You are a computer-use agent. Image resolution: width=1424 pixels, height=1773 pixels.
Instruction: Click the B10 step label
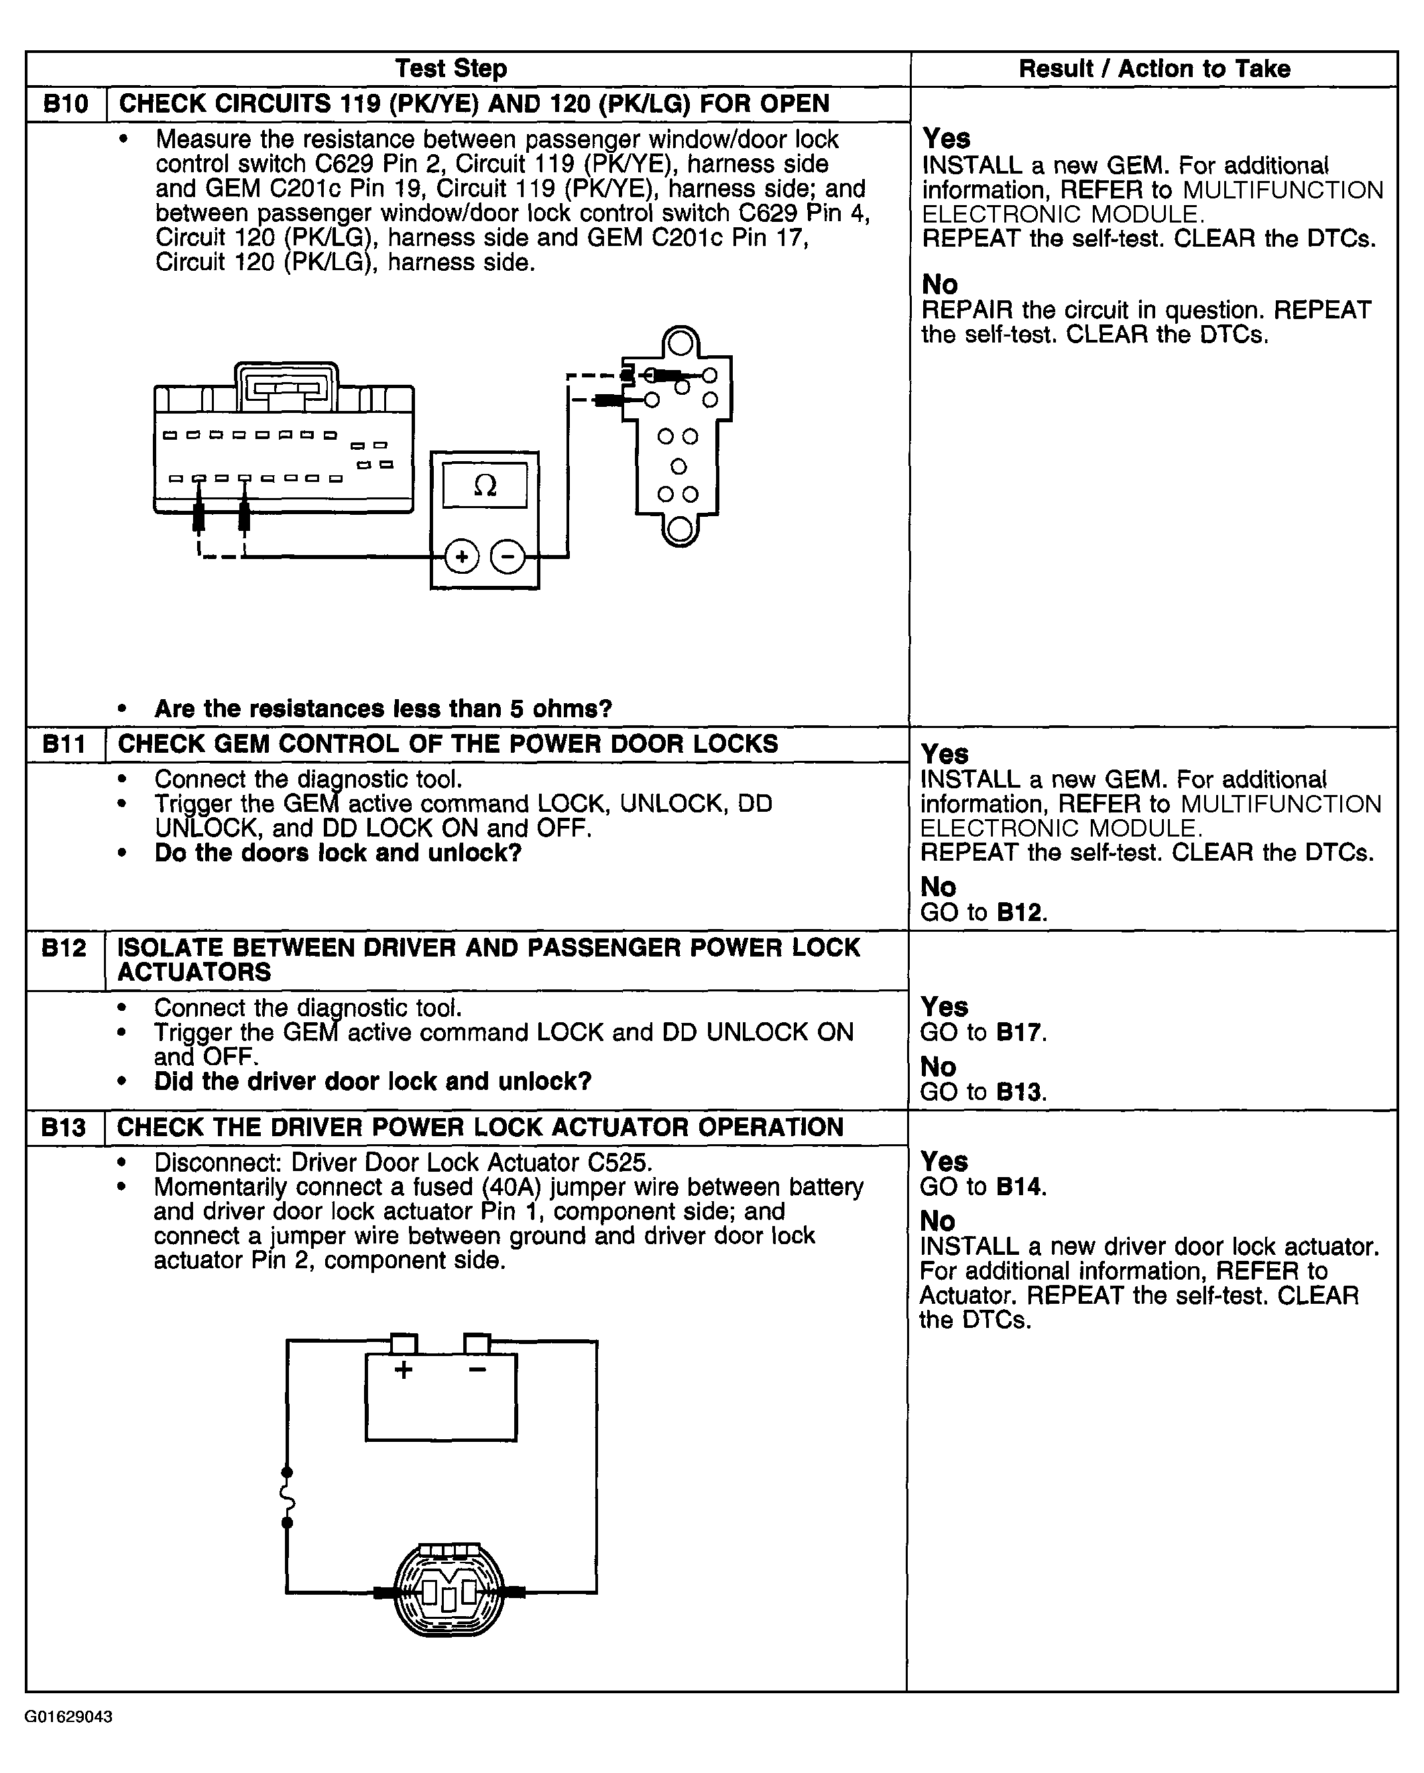(66, 105)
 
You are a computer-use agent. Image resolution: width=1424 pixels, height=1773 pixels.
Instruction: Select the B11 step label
(64, 744)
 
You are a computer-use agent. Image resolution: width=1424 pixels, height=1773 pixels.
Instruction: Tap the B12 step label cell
(64, 949)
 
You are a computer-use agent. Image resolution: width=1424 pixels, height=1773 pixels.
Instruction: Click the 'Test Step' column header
(451, 68)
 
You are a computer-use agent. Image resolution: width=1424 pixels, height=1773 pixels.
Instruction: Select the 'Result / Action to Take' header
(1154, 69)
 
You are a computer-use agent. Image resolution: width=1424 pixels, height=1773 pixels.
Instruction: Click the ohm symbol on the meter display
(485, 486)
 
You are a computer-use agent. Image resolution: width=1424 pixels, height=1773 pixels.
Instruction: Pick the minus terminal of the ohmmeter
(508, 557)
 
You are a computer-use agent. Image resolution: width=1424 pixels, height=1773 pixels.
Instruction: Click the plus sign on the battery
(403, 1369)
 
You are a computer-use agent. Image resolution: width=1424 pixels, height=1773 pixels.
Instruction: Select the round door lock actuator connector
(449, 1592)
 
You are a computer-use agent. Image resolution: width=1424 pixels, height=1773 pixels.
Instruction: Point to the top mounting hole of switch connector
(680, 342)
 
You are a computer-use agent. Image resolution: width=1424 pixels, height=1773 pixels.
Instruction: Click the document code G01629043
(68, 1717)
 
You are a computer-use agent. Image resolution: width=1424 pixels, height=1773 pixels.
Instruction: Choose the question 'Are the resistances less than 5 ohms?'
(383, 709)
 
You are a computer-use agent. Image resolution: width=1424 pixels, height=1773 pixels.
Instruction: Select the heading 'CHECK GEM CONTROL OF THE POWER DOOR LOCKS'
(449, 744)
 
